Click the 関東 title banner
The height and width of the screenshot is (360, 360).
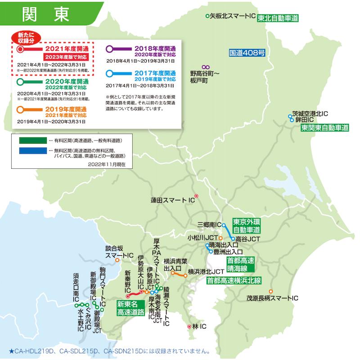(45, 13)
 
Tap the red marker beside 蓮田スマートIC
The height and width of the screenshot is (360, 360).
(196, 196)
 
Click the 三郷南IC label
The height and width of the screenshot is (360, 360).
(209, 224)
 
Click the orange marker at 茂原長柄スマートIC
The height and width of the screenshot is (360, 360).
(271, 291)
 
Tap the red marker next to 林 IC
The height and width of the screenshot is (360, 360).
(189, 327)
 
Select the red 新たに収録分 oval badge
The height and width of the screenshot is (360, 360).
(26, 38)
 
